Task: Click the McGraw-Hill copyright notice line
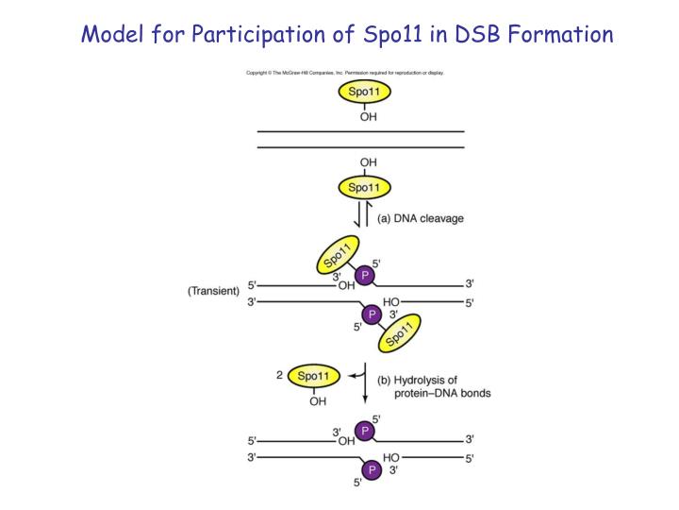[x=345, y=73]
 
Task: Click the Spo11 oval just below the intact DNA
[x=363, y=187]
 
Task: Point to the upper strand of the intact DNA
[x=361, y=131]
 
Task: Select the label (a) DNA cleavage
[x=421, y=219]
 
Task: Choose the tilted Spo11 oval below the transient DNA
[x=399, y=333]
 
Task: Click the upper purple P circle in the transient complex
[x=365, y=275]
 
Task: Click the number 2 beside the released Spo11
[x=280, y=375]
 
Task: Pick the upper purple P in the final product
[x=365, y=431]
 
